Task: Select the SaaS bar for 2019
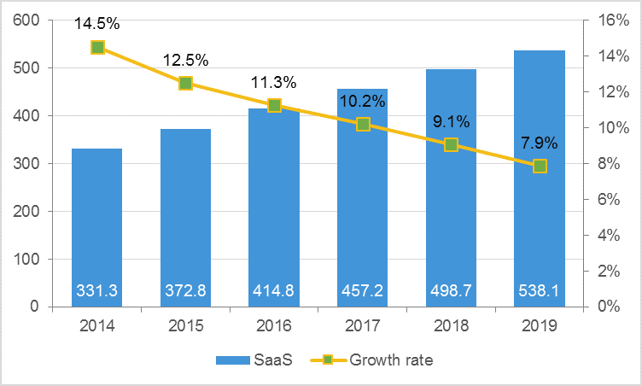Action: pos(540,213)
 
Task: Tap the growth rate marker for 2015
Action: pos(185,84)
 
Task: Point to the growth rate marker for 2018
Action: pos(451,144)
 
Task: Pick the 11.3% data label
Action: pos(274,83)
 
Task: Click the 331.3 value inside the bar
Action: pos(97,291)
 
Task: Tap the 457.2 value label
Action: pos(363,291)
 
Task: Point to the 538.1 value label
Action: pos(540,291)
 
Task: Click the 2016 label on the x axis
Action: pos(274,325)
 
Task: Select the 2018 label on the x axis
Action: pos(451,325)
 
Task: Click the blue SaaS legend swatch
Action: pos(233,360)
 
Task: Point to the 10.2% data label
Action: pos(363,102)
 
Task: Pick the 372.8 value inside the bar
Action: pos(185,291)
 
